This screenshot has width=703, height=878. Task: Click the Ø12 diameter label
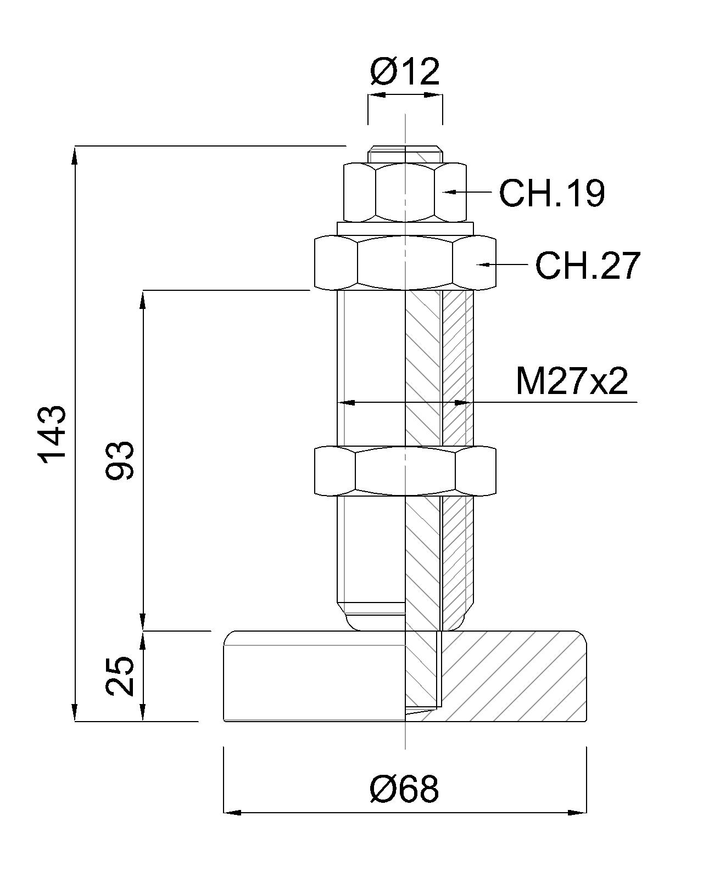click(405, 72)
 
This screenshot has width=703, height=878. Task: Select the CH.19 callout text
click(551, 193)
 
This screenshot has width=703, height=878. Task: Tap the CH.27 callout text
click(588, 266)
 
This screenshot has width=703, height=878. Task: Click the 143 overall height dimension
click(53, 434)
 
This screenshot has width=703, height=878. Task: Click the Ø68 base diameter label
click(405, 789)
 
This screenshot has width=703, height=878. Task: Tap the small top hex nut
click(405, 192)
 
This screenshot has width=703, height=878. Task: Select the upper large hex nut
click(405, 263)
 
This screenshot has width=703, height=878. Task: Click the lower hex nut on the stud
click(405, 471)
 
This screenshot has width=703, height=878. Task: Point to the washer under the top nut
click(405, 227)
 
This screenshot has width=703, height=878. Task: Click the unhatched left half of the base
click(313, 676)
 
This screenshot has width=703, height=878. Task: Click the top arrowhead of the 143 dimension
click(75, 154)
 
